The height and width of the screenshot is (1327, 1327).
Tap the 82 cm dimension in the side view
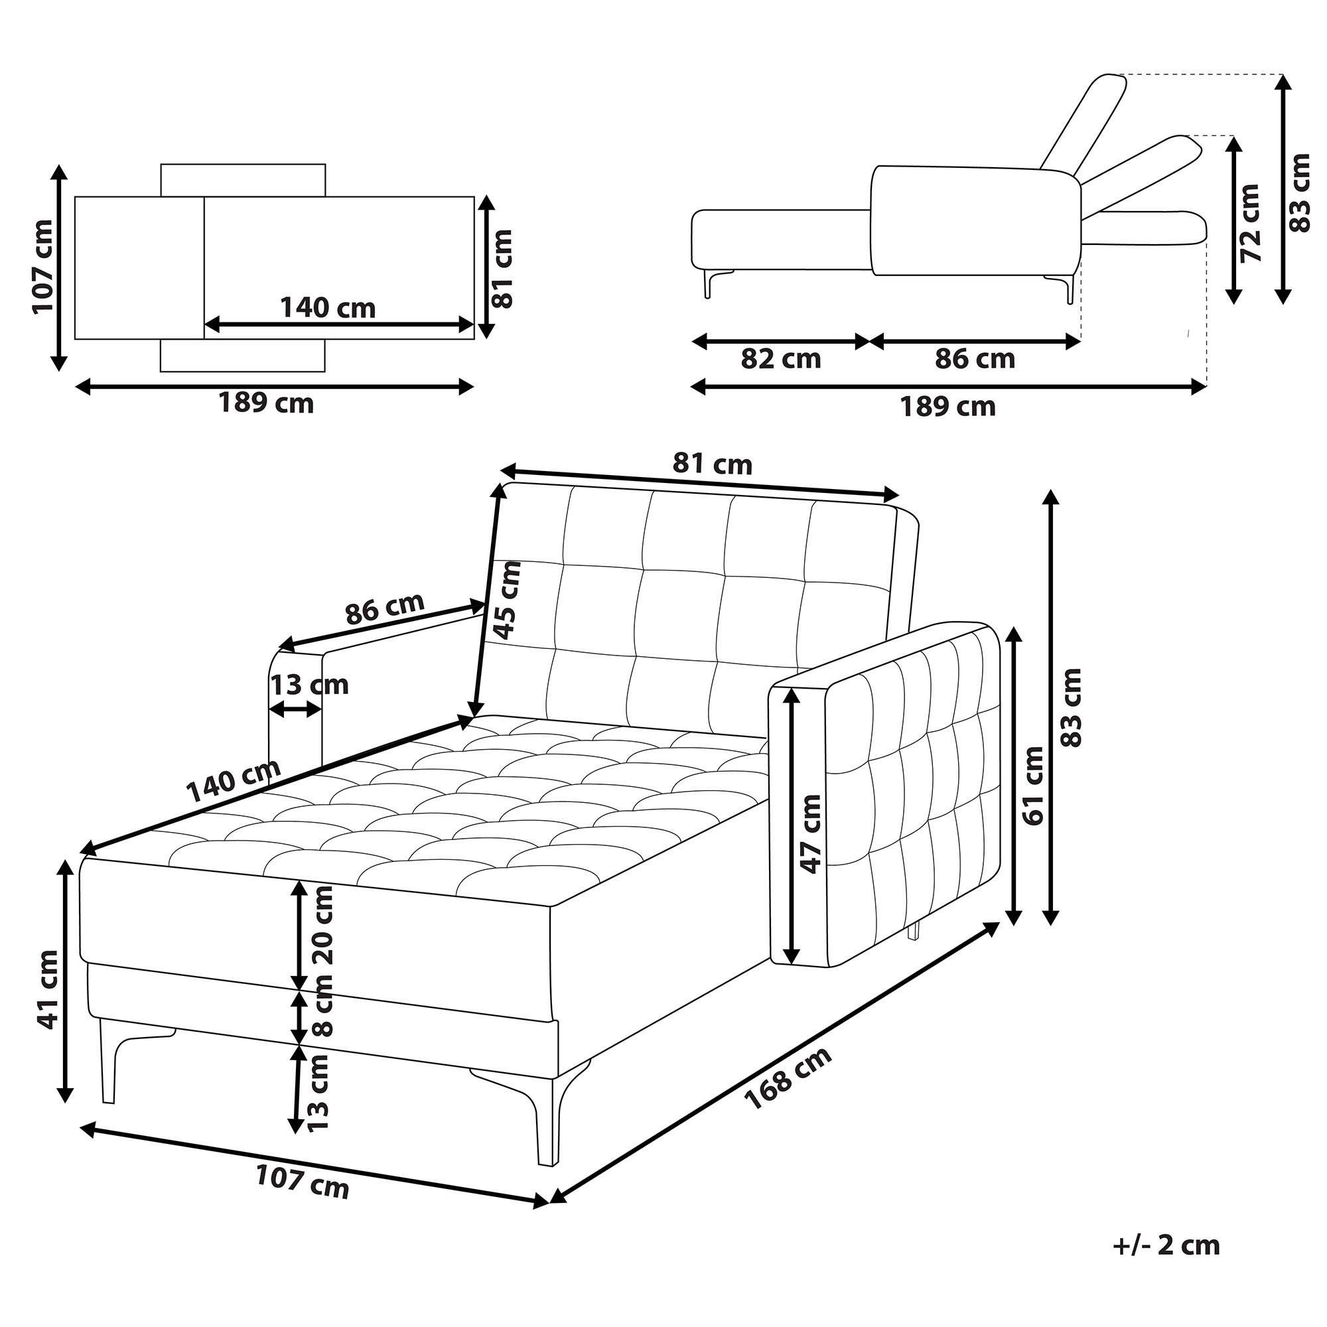[781, 358]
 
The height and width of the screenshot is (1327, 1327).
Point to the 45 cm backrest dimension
[508, 601]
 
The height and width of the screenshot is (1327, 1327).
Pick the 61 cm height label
[1032, 785]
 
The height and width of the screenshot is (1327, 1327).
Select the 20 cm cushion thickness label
[321, 926]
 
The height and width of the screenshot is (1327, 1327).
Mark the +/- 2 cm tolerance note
[1166, 1245]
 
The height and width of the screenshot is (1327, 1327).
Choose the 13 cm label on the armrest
[309, 685]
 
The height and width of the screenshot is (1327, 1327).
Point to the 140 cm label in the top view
[328, 308]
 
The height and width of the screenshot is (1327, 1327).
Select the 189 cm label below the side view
[948, 407]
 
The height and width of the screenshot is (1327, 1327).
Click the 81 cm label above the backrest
[712, 465]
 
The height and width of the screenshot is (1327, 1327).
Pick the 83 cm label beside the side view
[1300, 194]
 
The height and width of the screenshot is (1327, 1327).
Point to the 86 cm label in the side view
[975, 358]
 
